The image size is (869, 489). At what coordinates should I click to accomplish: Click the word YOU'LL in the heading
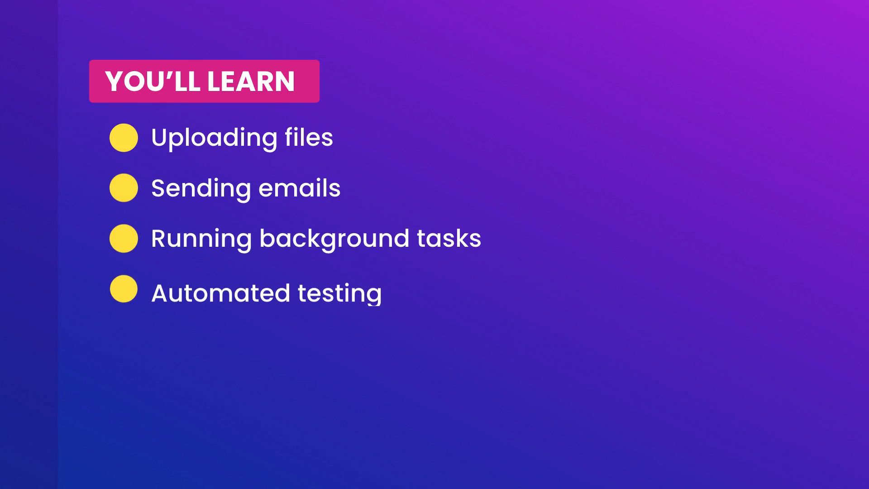pos(153,81)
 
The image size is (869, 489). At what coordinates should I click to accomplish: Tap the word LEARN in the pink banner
pos(251,81)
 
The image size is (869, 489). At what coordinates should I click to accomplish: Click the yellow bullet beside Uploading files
pos(124,138)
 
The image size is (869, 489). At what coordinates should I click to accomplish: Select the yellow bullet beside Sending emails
pos(124,188)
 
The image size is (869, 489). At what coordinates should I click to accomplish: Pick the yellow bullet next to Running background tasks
pos(124,238)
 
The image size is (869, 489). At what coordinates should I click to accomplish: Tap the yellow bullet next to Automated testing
pos(124,288)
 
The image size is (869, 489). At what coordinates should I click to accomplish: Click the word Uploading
pos(214,138)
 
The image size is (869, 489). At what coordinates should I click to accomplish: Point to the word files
pos(309,137)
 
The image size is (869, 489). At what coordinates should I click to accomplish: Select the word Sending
pos(201,189)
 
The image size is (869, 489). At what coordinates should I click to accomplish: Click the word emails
pos(300,188)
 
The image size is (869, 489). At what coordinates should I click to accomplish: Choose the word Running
pos(201,239)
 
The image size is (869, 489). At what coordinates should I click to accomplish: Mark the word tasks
pos(449,239)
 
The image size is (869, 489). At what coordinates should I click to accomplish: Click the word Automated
pos(220,293)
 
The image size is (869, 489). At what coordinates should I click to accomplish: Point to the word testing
pos(340,294)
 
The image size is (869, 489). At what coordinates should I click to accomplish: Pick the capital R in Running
pos(159,238)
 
